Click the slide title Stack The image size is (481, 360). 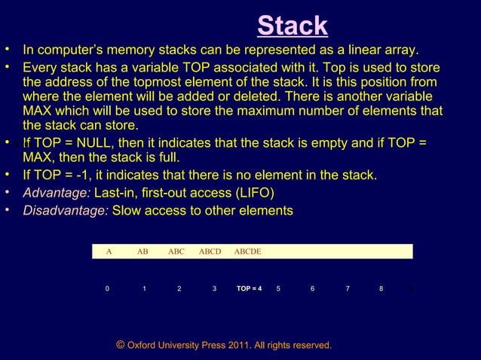click(292, 26)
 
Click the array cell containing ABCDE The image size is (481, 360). click(247, 252)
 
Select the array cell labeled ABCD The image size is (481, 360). click(210, 252)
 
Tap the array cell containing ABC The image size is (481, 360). click(176, 252)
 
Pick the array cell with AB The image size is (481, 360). click(142, 252)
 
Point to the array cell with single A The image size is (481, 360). click(109, 252)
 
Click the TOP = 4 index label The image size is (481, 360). click(249, 288)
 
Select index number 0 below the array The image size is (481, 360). click(107, 288)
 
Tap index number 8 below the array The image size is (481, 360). click(381, 288)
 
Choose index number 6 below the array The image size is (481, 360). click(312, 288)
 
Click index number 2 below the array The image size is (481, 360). click(179, 288)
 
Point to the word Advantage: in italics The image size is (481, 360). click(57, 194)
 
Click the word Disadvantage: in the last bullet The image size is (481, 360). click(66, 211)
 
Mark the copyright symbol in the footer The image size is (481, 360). click(121, 345)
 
